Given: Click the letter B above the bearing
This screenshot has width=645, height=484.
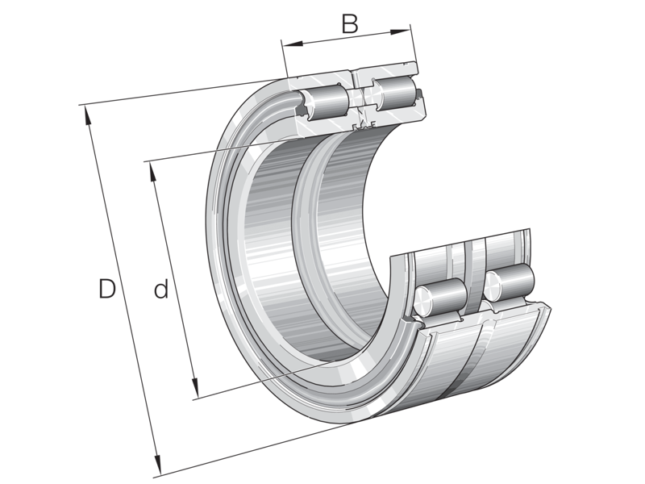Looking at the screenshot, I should [349, 24].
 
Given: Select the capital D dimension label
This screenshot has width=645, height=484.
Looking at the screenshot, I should [106, 289].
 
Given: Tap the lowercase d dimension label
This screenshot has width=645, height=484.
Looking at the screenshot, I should [161, 289].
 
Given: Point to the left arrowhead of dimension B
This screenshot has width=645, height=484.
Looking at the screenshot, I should [287, 43].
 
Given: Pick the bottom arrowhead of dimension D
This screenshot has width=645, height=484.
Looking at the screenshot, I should [160, 469].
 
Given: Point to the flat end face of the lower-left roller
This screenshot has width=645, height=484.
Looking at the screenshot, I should [424, 299].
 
